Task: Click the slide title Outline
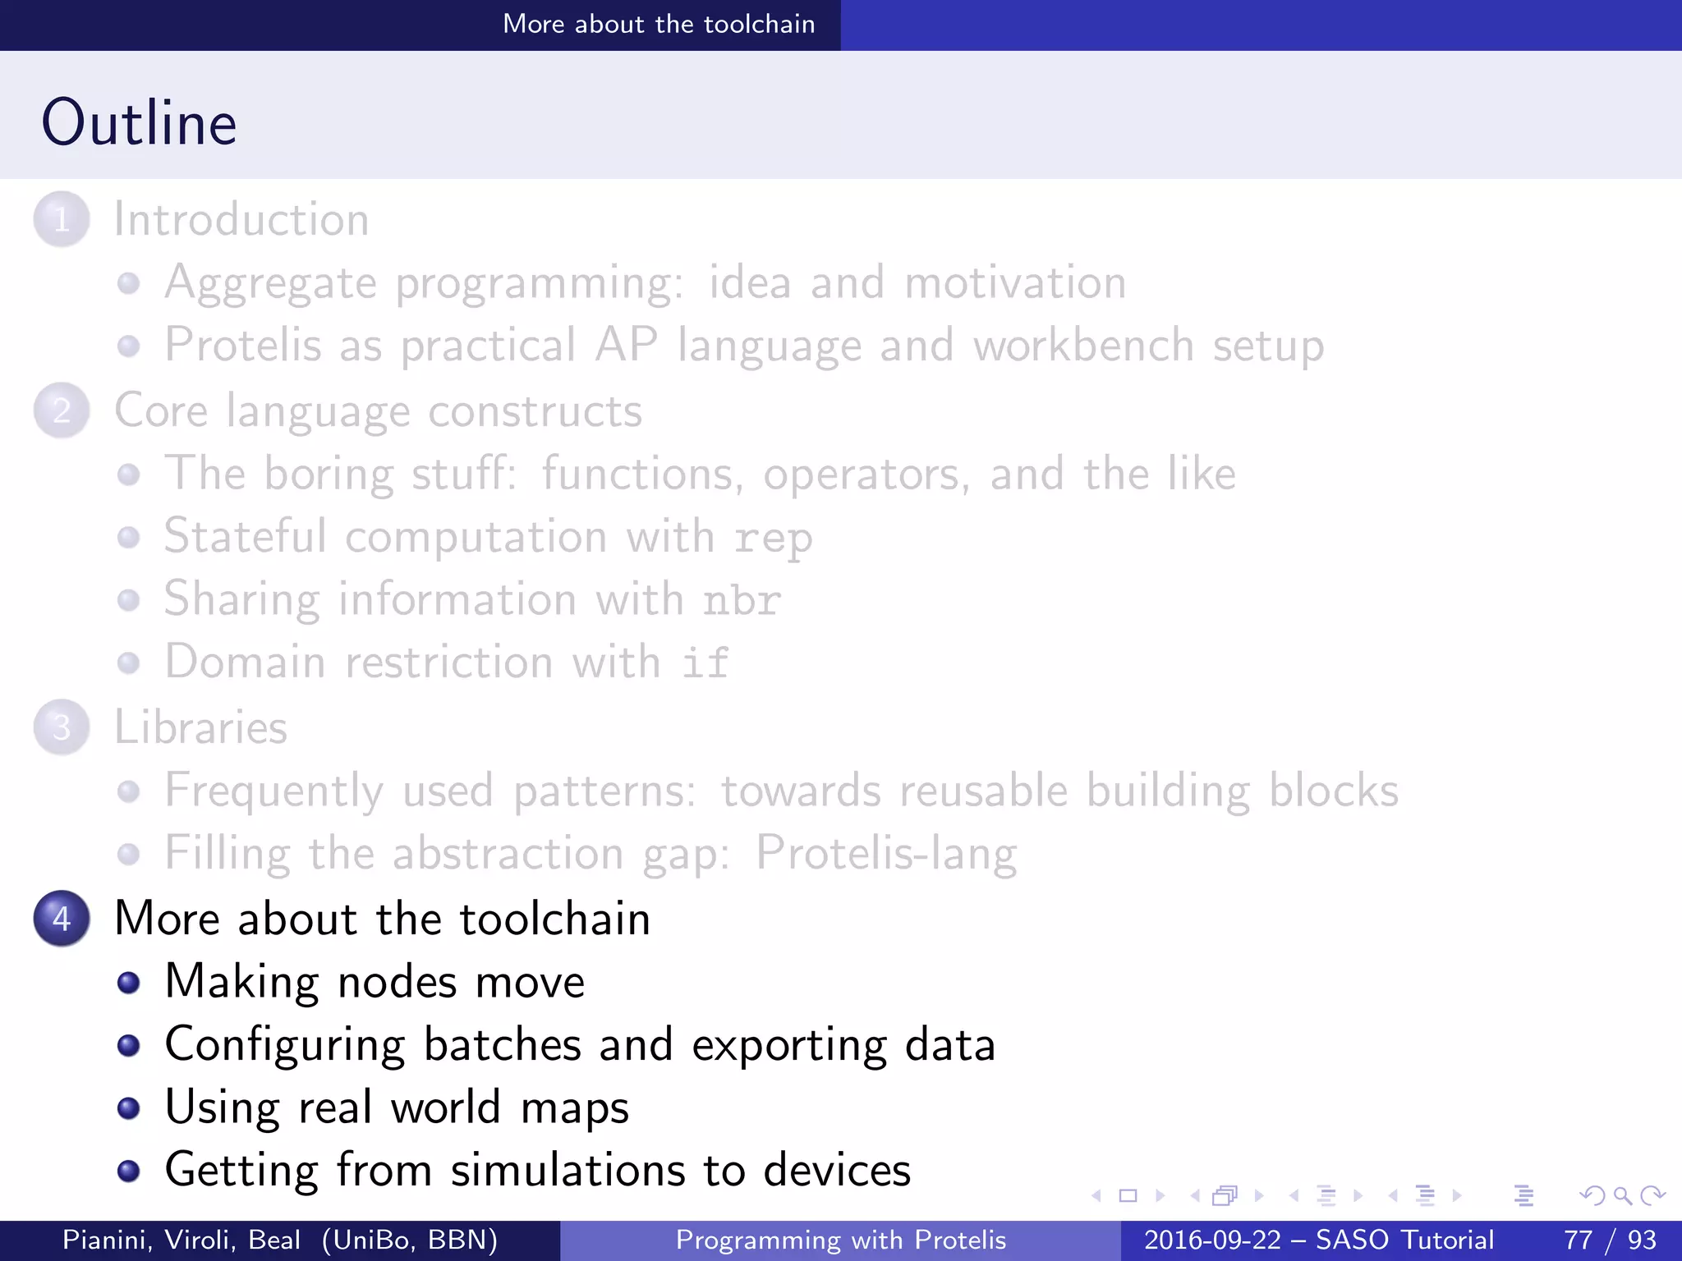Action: (x=140, y=123)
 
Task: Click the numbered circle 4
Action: (x=62, y=918)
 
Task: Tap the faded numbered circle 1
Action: (x=62, y=219)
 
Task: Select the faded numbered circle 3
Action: (x=62, y=727)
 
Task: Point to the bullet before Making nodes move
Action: (x=128, y=983)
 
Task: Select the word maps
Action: (x=574, y=1108)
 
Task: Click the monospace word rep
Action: (x=773, y=539)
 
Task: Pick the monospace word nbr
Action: (x=741, y=600)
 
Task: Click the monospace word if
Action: (x=705, y=663)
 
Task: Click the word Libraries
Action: (x=201, y=727)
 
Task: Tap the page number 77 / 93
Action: (x=1610, y=1240)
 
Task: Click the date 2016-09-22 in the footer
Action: (x=1212, y=1240)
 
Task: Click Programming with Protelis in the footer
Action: (x=840, y=1240)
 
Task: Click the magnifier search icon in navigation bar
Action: (x=1622, y=1195)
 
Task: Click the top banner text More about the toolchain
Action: (x=659, y=24)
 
